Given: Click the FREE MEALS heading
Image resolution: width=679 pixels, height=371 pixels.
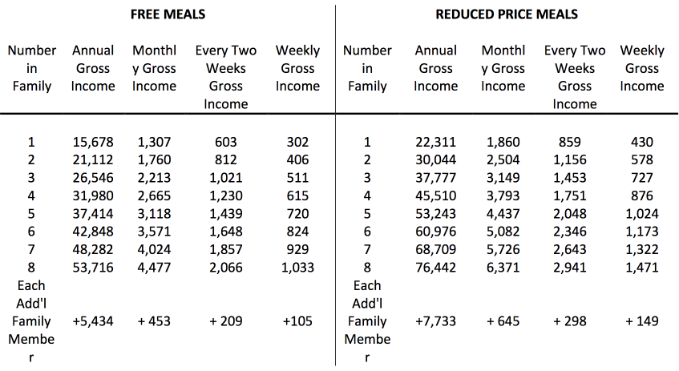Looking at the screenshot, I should coord(168,14).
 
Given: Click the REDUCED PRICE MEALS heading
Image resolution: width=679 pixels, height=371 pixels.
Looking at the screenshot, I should coord(507,14).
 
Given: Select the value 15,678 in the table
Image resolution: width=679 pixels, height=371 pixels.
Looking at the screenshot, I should coord(93,143).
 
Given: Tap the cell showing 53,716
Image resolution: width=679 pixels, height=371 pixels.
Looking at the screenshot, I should coord(93,267).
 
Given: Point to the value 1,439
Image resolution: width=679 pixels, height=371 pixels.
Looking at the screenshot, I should coord(225,214).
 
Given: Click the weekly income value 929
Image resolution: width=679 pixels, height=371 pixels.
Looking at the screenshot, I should coord(297,249).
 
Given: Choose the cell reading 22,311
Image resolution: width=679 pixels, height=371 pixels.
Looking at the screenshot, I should coord(435,143).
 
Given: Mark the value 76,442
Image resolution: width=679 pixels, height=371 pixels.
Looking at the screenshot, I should coord(435,267).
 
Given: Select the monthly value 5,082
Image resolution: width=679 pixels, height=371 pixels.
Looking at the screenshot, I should coord(503,232).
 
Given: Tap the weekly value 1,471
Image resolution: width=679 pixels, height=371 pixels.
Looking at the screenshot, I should coord(642,267).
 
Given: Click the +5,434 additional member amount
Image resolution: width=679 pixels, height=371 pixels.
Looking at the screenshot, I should coord(93,321).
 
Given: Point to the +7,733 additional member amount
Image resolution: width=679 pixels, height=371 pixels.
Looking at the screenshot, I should coord(435,321).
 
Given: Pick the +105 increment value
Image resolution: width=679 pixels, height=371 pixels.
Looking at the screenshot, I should coord(297,321).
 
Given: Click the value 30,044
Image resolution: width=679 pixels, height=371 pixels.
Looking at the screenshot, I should coord(435,160).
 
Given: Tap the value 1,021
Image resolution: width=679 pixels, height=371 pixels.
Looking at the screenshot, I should coord(225,178).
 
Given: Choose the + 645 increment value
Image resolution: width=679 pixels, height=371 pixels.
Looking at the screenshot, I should coord(503,321).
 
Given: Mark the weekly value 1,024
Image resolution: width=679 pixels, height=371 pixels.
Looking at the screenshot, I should coord(642,214).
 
